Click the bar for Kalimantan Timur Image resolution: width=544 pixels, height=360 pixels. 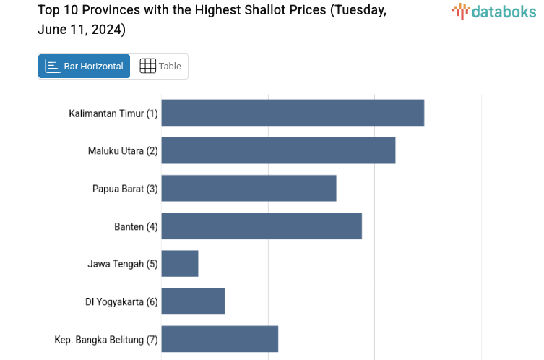[293, 113]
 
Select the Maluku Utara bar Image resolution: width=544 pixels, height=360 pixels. [278, 150]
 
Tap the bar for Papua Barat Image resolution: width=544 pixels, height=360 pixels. [249, 188]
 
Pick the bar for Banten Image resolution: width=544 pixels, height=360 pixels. [262, 226]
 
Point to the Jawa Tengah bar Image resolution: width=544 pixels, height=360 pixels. [180, 263]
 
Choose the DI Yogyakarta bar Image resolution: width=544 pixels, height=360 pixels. [193, 301]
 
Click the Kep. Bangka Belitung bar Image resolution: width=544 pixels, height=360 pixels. [220, 338]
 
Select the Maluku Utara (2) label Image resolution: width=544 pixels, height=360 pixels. [123, 151]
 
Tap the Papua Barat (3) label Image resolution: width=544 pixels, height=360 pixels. [125, 189]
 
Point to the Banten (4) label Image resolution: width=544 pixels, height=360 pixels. [136, 226]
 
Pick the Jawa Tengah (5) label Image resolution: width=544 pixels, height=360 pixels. [123, 264]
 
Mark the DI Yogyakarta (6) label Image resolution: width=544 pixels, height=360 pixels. [121, 301]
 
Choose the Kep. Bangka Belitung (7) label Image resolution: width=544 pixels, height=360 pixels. [106, 339]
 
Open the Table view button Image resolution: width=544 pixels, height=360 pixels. [160, 66]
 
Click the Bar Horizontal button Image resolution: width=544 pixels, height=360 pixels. [84, 66]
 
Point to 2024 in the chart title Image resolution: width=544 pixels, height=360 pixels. [108, 30]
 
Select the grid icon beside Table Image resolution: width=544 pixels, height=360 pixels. [147, 66]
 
